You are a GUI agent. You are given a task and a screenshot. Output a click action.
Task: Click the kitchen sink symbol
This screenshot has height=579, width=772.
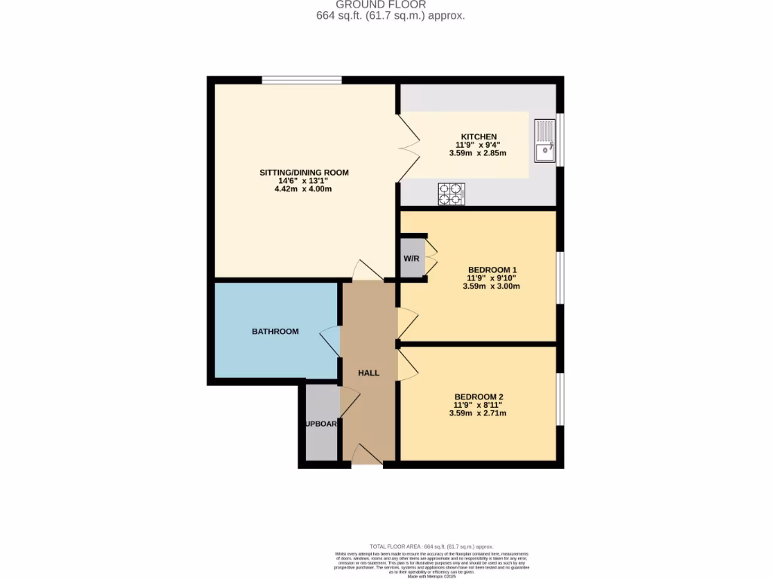[x=544, y=141]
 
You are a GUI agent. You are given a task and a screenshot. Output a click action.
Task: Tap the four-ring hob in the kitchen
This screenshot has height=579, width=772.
[x=451, y=194]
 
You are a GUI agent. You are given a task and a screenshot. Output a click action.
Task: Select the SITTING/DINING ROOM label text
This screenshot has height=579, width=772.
[x=304, y=173]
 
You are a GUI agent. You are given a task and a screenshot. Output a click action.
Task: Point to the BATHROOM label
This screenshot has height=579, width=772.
[x=275, y=331]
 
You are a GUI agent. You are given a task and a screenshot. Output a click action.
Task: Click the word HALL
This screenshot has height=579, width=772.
[x=369, y=373]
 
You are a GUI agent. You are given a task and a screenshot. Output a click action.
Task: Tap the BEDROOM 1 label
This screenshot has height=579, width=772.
[x=492, y=269]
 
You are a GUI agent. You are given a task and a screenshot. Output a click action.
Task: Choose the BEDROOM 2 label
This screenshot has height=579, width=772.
[x=479, y=397]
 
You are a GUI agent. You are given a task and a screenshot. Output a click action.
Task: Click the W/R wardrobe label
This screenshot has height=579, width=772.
[x=412, y=259]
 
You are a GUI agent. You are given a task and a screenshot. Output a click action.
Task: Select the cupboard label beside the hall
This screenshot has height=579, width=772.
[x=321, y=424]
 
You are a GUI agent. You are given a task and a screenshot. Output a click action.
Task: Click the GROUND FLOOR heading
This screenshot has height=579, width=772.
[x=391, y=5]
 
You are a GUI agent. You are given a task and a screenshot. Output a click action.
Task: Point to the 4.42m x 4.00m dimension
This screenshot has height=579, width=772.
[x=303, y=188]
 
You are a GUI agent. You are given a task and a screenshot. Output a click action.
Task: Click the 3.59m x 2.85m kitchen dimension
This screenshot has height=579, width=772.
[x=477, y=153]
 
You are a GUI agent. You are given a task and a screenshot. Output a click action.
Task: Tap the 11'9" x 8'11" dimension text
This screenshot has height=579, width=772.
[x=477, y=405]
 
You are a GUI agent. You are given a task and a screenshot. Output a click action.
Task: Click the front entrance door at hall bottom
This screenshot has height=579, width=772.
[x=367, y=455]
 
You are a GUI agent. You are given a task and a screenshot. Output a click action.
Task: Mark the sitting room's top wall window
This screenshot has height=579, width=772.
[x=302, y=79]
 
